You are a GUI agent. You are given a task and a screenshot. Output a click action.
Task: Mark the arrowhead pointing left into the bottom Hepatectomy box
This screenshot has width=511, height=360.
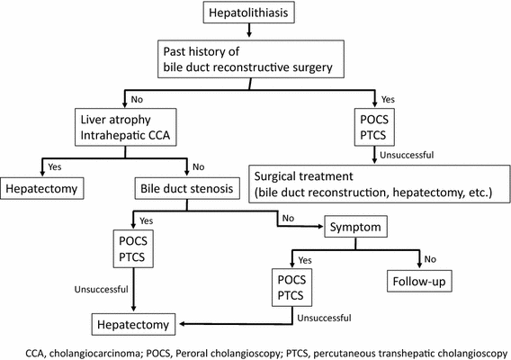coord(181,322)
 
